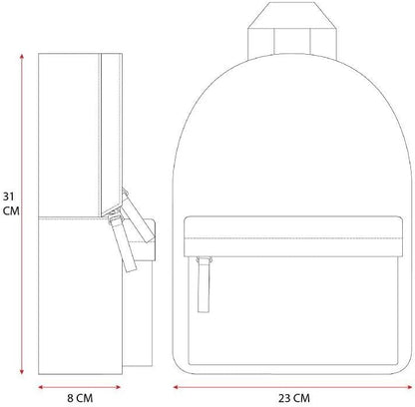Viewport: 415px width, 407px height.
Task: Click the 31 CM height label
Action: pyautogui.click(x=11, y=203)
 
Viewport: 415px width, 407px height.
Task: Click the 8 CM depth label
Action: pyautogui.click(x=80, y=398)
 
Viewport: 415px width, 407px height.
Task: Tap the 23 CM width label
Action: pyautogui.click(x=294, y=398)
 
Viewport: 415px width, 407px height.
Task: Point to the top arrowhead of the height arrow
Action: pyautogui.click(x=22, y=56)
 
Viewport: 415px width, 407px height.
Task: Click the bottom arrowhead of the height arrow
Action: pyautogui.click(x=22, y=372)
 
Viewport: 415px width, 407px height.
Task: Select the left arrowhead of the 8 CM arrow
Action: pyautogui.click(x=41, y=387)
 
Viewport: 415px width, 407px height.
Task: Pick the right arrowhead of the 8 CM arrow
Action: pyautogui.click(x=118, y=387)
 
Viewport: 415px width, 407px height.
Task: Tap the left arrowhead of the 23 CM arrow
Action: pyautogui.click(x=176, y=387)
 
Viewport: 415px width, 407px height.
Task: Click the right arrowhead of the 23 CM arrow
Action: pyautogui.click(x=409, y=387)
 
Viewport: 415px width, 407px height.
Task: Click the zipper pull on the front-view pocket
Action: pyautogui.click(x=204, y=284)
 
